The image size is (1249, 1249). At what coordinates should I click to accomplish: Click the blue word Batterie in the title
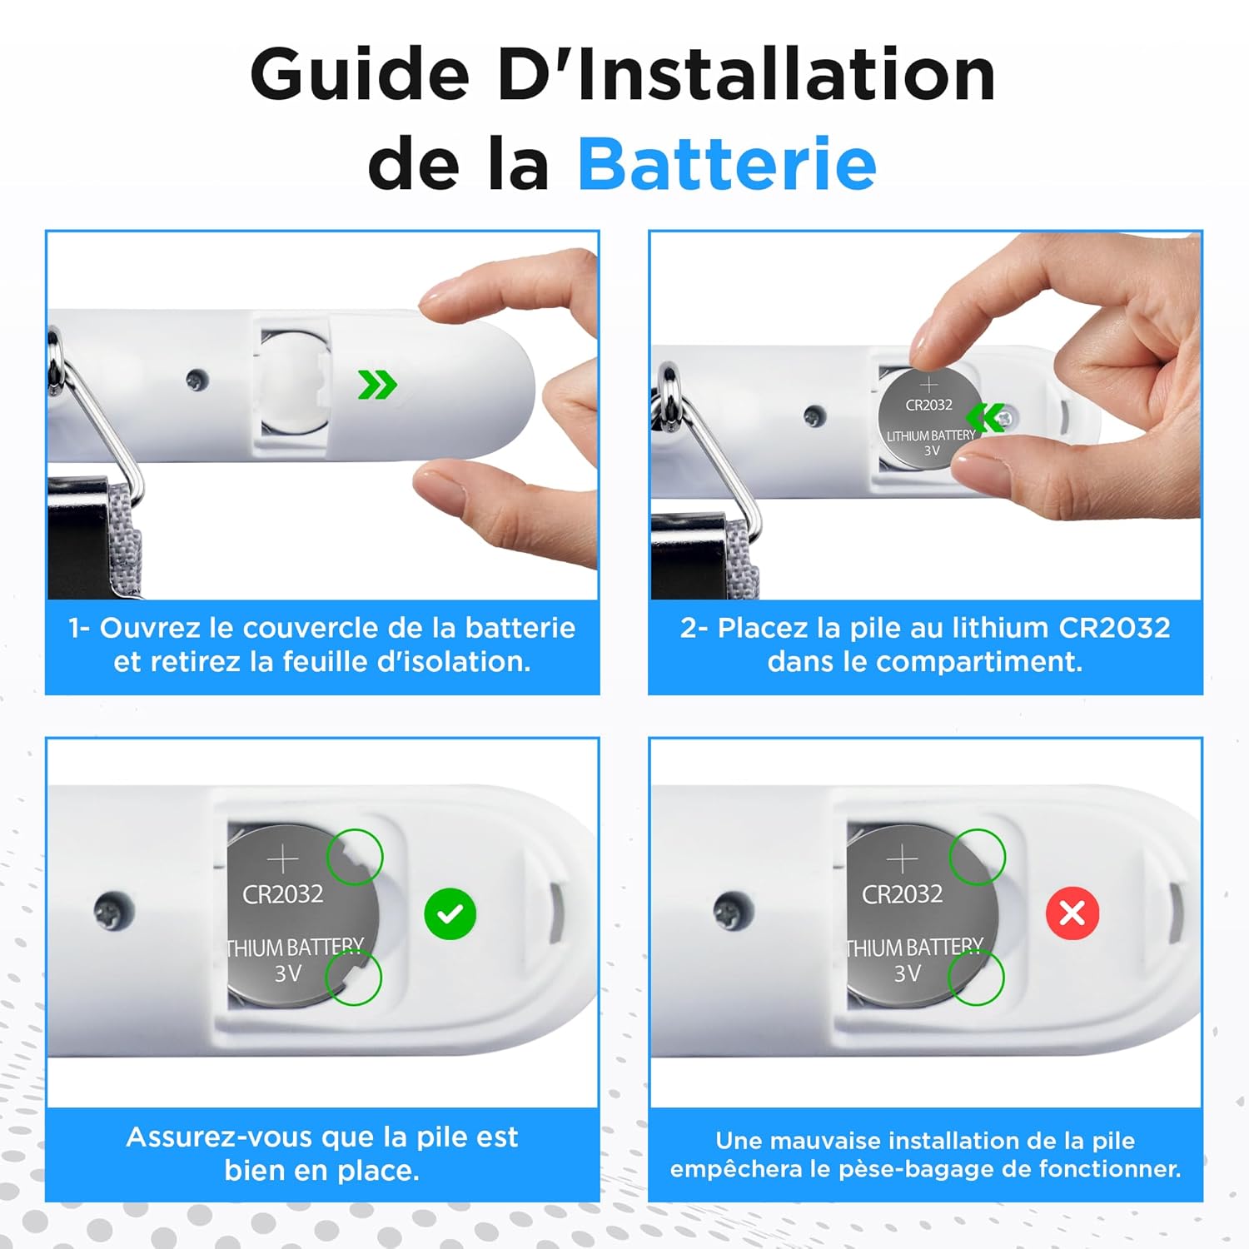click(x=726, y=163)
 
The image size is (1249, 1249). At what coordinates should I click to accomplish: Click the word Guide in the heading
click(x=360, y=75)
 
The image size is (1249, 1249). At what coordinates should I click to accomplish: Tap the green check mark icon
click(x=450, y=913)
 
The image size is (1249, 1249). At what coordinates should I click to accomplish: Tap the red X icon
click(x=1072, y=913)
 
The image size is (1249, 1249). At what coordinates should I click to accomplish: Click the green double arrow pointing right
click(x=377, y=385)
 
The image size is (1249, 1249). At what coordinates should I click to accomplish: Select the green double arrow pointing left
click(x=988, y=417)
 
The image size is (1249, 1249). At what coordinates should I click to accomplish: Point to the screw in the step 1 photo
click(x=197, y=381)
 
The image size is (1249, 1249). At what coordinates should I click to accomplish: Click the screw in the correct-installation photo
click(x=113, y=911)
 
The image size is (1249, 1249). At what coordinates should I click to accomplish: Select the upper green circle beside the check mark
click(x=354, y=856)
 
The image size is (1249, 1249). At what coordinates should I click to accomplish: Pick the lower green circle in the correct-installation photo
click(x=353, y=978)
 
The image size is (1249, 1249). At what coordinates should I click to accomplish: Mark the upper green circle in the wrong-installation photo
click(x=977, y=857)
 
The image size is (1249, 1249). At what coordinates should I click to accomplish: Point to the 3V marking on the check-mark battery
click(x=288, y=973)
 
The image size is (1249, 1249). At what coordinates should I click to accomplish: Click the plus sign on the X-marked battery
click(x=902, y=858)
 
